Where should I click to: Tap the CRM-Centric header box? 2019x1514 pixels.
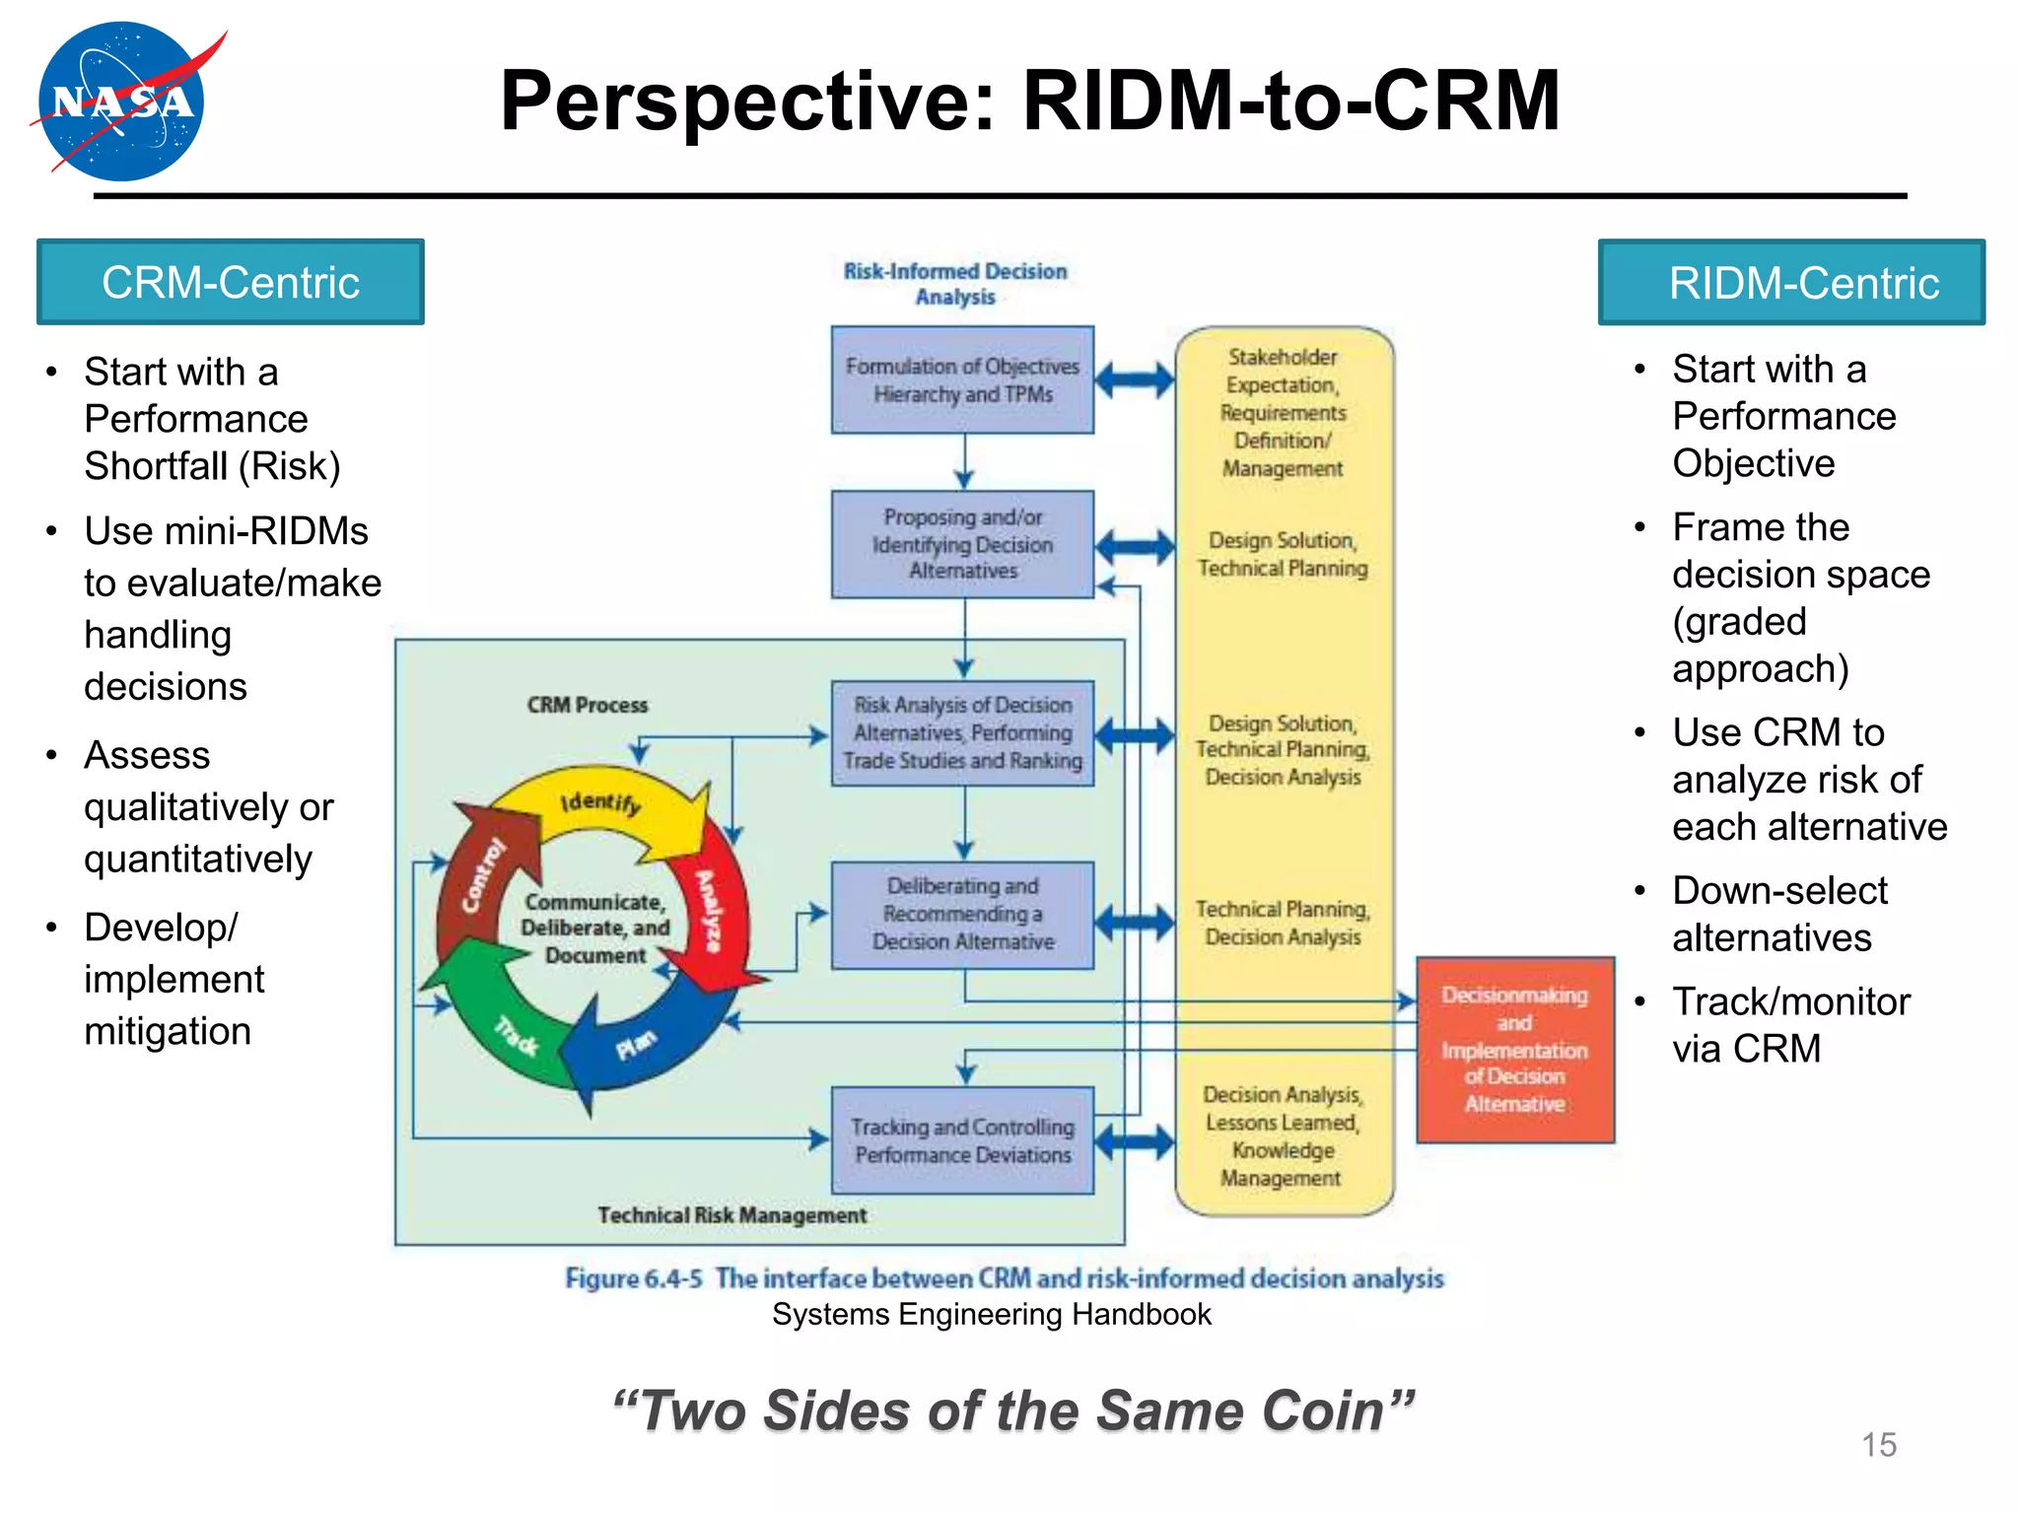coord(231,283)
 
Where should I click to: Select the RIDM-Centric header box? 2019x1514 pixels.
coord(1791,283)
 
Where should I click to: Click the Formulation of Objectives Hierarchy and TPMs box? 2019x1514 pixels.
coord(962,380)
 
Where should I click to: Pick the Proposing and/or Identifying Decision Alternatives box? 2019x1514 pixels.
coord(962,544)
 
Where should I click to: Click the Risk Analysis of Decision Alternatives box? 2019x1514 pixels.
coord(962,733)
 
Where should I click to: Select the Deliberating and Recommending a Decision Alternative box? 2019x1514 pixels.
coord(962,915)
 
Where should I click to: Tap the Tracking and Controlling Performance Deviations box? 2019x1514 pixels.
coord(962,1140)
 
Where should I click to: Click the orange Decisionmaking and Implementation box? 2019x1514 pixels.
coord(1515,1050)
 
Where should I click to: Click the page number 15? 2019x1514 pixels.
coord(1878,1445)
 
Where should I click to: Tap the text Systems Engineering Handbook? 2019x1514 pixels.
coord(991,1315)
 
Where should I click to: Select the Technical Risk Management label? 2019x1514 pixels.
coord(731,1215)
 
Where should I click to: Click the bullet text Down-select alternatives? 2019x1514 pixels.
coord(1779,914)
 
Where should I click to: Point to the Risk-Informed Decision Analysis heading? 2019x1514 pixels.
coord(954,284)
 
